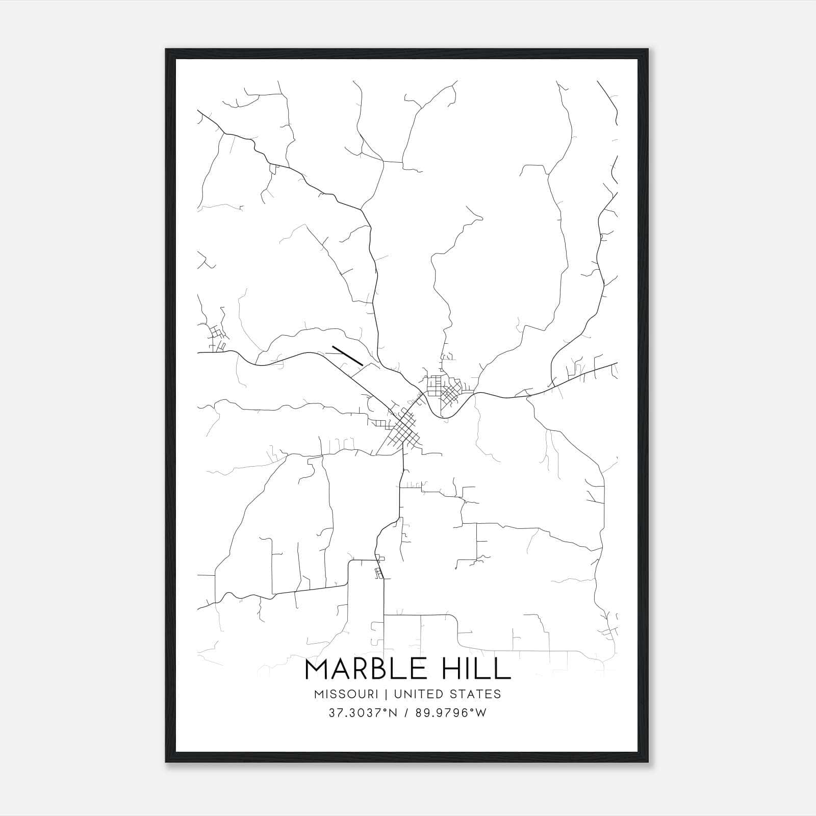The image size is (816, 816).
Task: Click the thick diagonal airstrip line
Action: pos(347,356)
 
